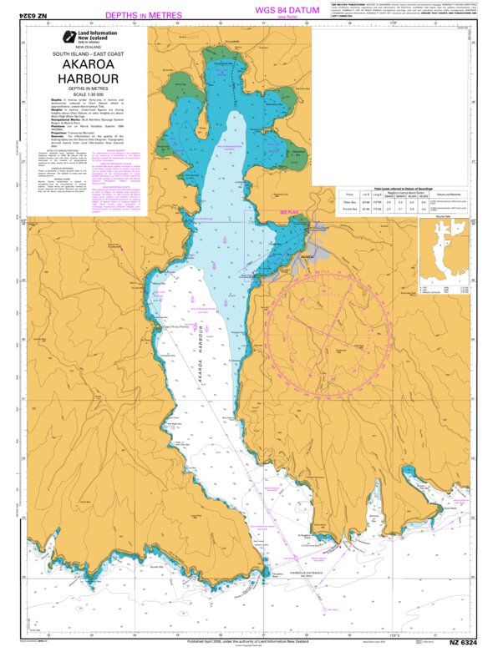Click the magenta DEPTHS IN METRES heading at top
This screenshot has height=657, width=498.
[x=144, y=15]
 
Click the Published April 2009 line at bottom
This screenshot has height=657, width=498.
[x=249, y=641]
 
